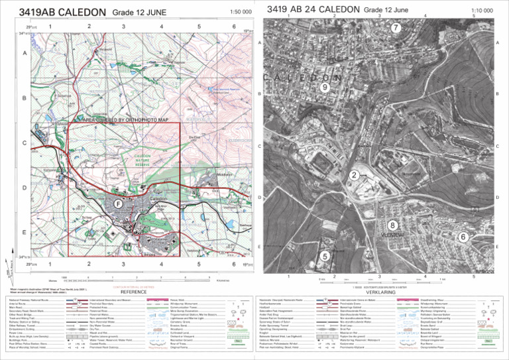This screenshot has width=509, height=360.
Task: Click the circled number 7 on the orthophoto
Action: [x=396, y=28]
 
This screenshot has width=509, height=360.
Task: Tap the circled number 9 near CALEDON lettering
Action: [x=324, y=87]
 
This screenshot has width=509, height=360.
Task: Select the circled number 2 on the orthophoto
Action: [x=355, y=175]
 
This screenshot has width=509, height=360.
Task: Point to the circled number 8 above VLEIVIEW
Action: [x=392, y=225]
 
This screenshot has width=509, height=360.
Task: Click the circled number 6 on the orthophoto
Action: [x=463, y=237]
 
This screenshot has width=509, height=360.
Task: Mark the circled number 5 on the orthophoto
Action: [x=324, y=256]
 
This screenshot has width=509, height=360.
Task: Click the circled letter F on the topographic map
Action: [x=117, y=204]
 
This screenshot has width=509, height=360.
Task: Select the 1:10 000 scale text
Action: [x=482, y=11]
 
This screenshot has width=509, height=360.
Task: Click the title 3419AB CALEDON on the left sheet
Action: [x=62, y=13]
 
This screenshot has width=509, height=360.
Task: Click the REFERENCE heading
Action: [x=133, y=292]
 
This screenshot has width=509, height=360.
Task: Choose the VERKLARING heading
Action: [x=380, y=292]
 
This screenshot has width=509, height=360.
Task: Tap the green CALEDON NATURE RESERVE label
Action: [x=143, y=160]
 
